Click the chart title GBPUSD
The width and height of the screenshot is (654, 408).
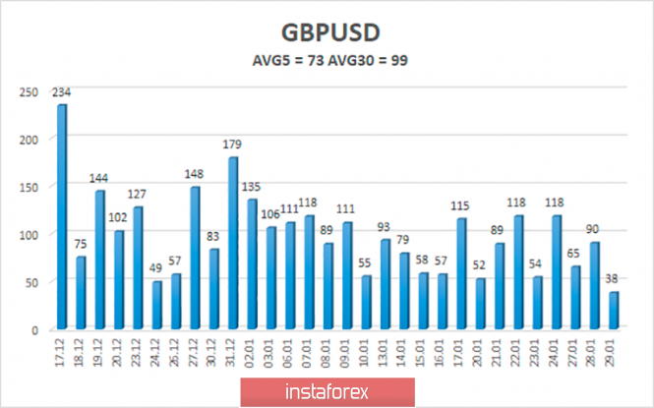pos(327,31)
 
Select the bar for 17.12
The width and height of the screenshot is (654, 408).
pos(62,216)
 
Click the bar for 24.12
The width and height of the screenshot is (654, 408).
pos(157,305)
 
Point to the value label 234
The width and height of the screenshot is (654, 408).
pos(62,92)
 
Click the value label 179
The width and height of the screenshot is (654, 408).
pos(233,146)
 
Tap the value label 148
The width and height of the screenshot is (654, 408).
pos(195,175)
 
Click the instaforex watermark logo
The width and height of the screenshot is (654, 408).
pos(327,391)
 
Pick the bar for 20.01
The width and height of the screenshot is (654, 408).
pos(480,304)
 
